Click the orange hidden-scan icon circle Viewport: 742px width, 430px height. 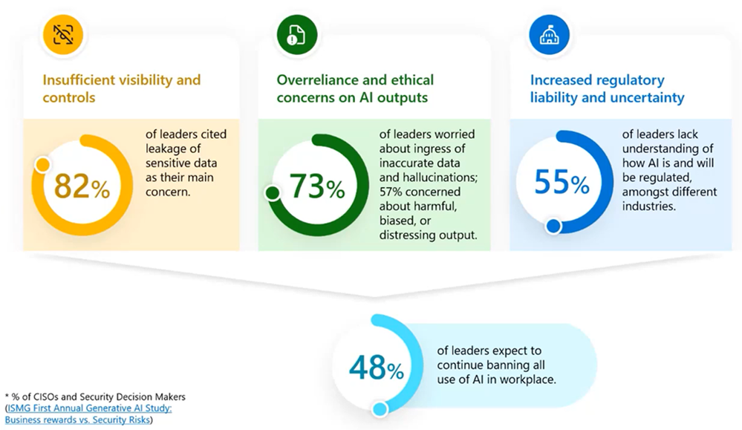[63, 35]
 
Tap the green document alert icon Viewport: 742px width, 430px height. [296, 35]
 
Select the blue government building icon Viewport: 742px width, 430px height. [549, 35]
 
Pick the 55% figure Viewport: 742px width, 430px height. [562, 182]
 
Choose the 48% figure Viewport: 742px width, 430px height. [377, 368]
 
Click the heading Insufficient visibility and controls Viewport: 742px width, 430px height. [122, 88]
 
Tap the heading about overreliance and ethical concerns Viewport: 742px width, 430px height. [355, 88]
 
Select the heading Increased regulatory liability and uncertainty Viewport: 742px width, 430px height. [607, 88]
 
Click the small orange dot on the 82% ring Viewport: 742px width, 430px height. [42, 165]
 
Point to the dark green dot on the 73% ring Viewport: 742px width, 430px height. [272, 192]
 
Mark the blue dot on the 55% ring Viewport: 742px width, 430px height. [553, 227]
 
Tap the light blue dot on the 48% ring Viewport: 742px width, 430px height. [379, 408]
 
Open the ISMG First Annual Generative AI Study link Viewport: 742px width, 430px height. [88, 414]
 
